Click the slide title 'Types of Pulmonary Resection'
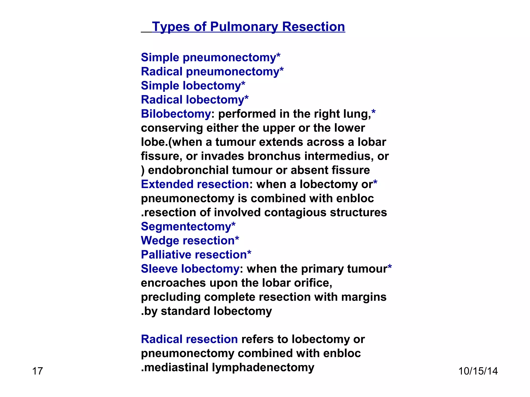pos(248,27)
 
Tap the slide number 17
pos(37,371)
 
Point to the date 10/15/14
pos(478,371)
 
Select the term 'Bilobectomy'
pos(176,114)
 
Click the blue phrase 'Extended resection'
pos(195,184)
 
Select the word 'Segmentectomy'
pos(186,227)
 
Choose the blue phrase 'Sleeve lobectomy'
pos(190,269)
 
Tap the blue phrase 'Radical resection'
pos(189,339)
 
